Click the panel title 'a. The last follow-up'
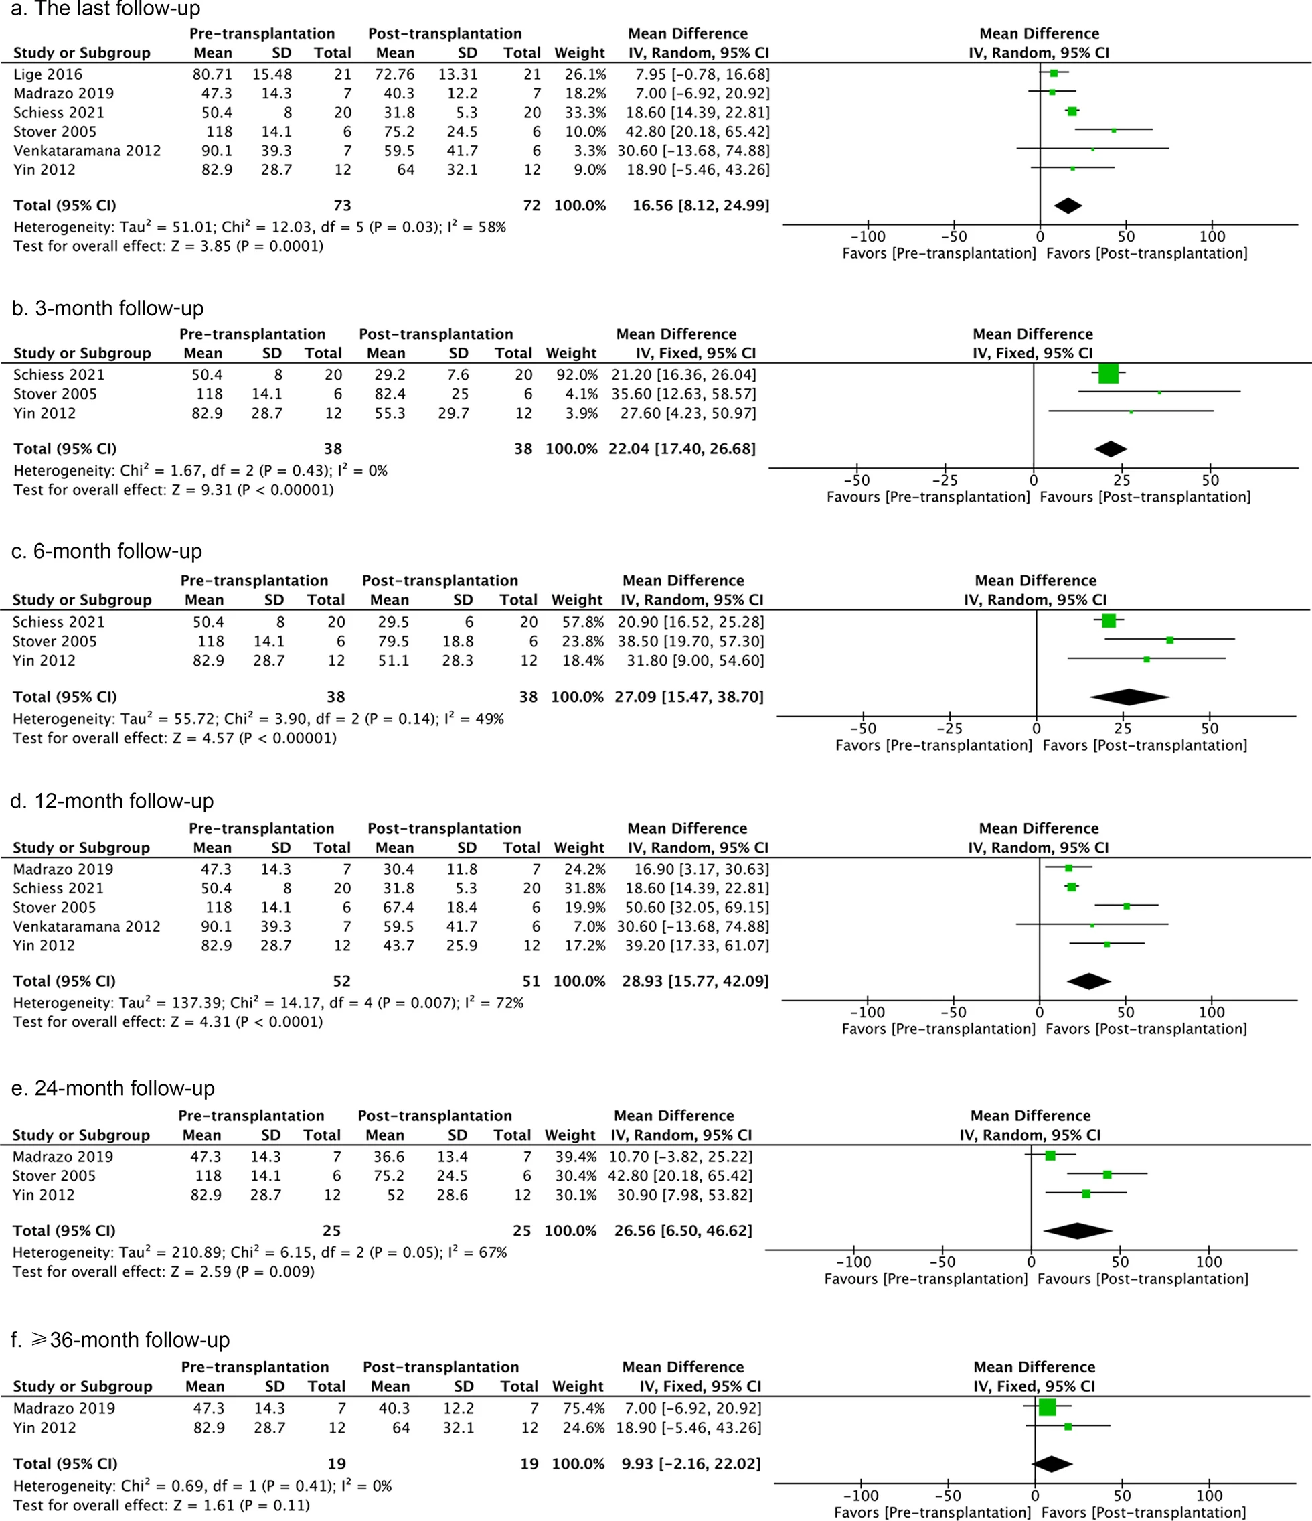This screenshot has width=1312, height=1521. click(x=106, y=9)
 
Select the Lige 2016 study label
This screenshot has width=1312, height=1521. click(x=48, y=74)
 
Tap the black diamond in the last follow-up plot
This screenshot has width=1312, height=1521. click(x=1068, y=206)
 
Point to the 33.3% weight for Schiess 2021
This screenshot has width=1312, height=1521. click(x=585, y=113)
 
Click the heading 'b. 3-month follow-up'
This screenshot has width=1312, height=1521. click(x=108, y=308)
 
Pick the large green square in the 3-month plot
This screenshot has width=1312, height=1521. click(x=1108, y=374)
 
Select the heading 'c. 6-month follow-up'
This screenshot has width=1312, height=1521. click(x=107, y=551)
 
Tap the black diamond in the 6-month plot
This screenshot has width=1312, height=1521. click(x=1129, y=697)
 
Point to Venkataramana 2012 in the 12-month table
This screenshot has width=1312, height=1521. click(x=86, y=926)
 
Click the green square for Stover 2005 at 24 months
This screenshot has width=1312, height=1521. click(x=1107, y=1175)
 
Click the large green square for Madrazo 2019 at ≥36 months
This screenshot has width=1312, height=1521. click(x=1047, y=1407)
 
